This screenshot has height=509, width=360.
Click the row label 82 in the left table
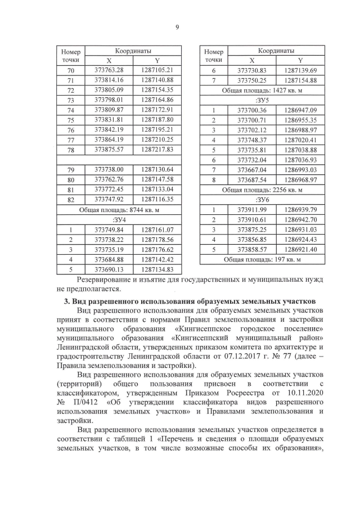pyautogui.click(x=70, y=199)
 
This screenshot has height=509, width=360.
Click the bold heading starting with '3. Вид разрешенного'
pyautogui.click(x=189, y=303)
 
